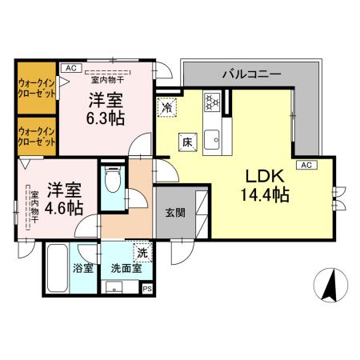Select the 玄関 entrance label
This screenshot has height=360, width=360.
tap(176, 213)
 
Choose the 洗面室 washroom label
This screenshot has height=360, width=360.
tap(126, 268)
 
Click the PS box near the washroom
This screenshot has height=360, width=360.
tap(146, 290)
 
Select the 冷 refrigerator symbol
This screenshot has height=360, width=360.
tap(168, 107)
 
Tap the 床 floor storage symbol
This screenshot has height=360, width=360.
tap(186, 142)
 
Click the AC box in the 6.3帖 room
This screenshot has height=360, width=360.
tap(70, 69)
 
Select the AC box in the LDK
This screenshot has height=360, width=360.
tap(305, 165)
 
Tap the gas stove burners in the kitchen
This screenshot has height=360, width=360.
tap(212, 102)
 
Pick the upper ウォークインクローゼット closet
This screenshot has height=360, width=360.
tap(36, 89)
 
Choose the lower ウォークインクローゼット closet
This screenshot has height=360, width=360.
tap(36, 136)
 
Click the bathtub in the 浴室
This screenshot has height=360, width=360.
tap(57, 269)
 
